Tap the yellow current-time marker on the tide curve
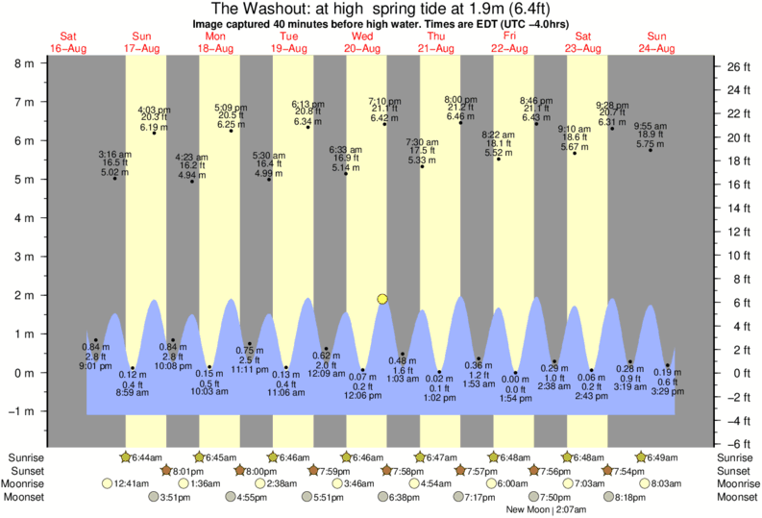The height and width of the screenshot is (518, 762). tap(382, 300)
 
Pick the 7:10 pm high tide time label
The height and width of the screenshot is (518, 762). tap(384, 101)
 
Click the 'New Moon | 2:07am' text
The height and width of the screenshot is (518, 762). tap(545, 510)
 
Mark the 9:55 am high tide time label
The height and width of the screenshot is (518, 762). tap(651, 125)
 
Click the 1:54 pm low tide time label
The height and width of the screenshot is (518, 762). tap(516, 397)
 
